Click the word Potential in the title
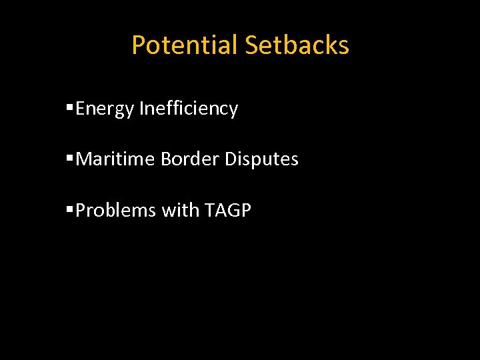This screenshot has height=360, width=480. [x=184, y=45]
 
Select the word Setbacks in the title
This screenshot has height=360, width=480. [x=297, y=45]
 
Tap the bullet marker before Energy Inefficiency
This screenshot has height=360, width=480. [x=70, y=107]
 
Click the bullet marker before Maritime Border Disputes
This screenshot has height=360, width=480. [x=70, y=159]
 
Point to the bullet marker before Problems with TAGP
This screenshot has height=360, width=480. [x=70, y=210]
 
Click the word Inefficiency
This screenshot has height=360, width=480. [x=188, y=109]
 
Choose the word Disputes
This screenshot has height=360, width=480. [x=261, y=159]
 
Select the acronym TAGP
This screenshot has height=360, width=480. [x=227, y=211]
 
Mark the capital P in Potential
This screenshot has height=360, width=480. [x=138, y=45]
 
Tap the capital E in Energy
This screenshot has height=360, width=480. [x=80, y=108]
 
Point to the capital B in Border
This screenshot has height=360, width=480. [x=165, y=159]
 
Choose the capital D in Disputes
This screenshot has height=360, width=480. [x=231, y=159]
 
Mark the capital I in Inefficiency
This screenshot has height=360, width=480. [x=141, y=108]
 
